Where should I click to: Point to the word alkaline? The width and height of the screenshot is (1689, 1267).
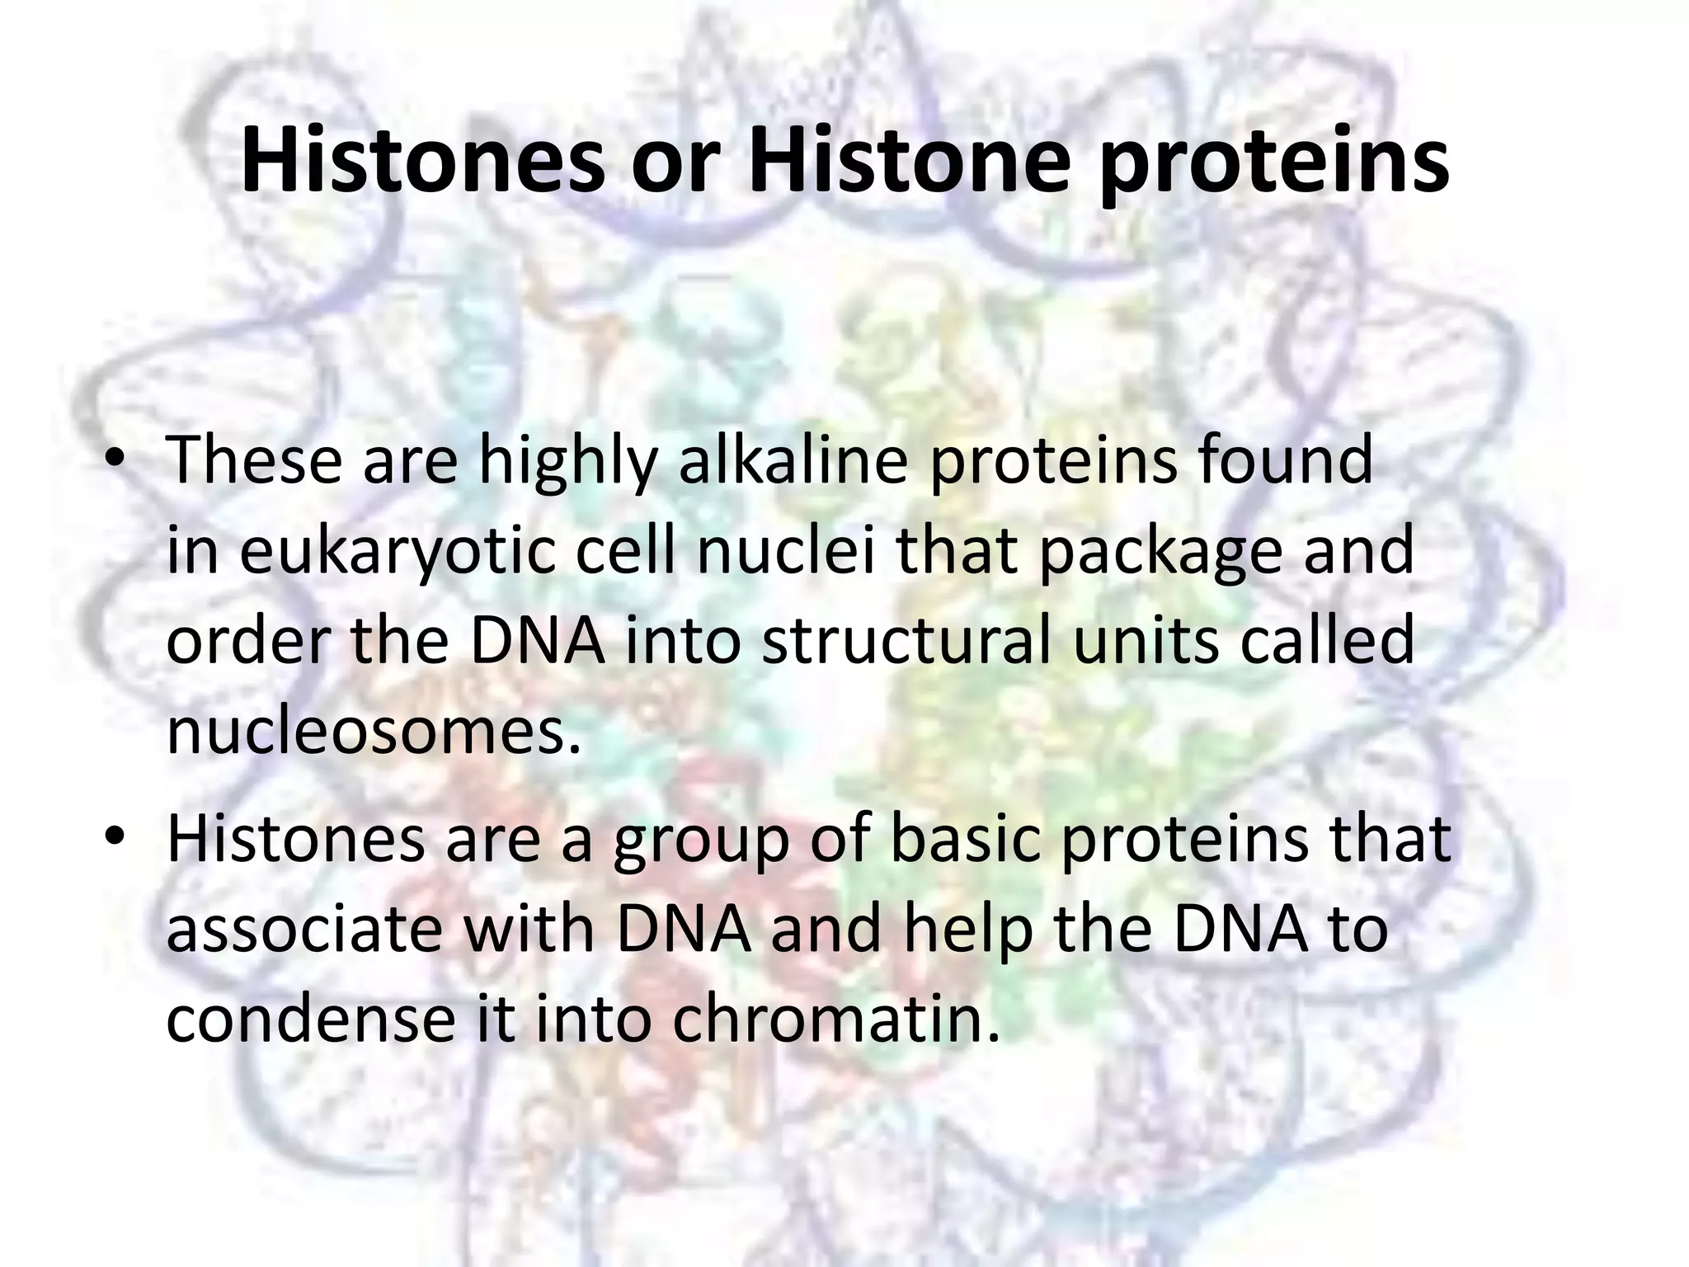coord(793,460)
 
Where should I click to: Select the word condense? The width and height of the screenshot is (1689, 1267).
coord(310,1020)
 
